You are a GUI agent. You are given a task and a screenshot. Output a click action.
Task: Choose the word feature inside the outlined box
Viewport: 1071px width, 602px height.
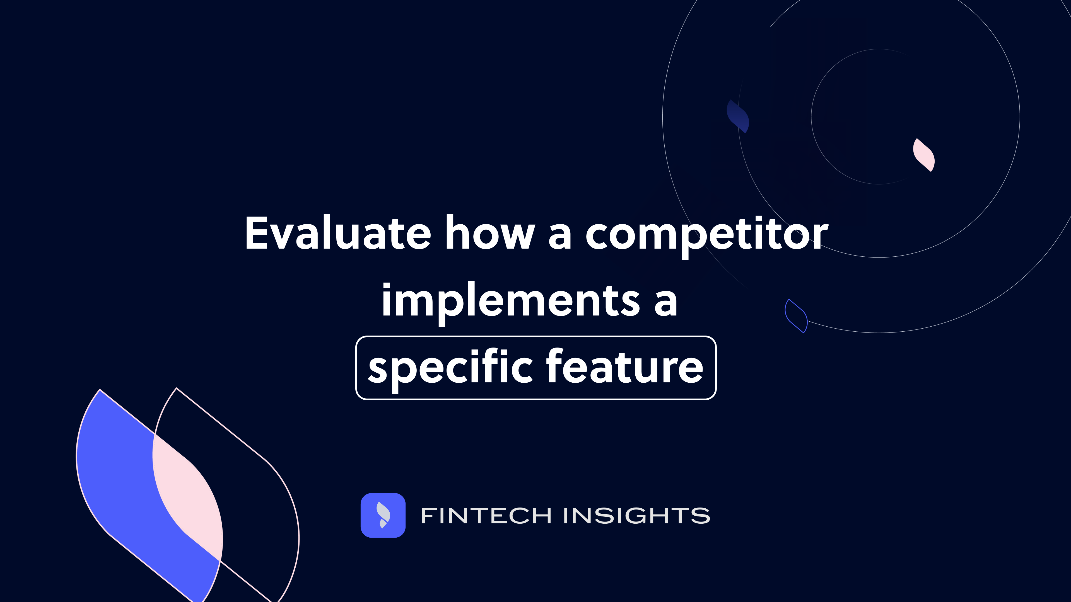click(624, 366)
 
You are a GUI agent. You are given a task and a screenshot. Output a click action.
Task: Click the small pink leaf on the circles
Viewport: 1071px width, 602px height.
click(924, 155)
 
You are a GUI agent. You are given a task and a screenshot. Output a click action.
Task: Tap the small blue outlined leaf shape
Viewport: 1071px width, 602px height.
click(796, 316)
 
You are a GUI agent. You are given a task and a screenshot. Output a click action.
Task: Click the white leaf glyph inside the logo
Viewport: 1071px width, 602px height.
click(383, 513)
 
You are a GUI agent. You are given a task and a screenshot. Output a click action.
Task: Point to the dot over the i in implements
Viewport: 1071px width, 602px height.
click(387, 285)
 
